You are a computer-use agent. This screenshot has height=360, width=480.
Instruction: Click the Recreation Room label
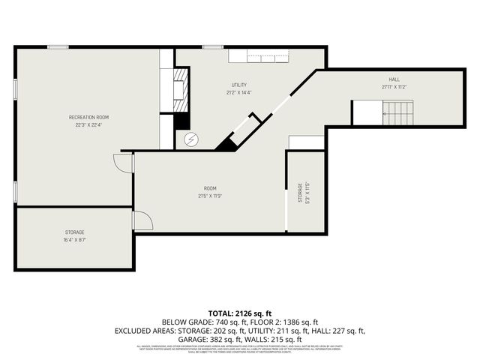tap(89, 118)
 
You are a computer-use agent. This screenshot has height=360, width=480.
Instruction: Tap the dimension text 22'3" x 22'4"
tap(89, 125)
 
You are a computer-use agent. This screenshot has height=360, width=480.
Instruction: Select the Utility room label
tap(239, 85)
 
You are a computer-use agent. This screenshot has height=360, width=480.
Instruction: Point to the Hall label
tap(394, 79)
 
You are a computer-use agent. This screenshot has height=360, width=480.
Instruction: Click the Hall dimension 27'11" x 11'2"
tap(394, 86)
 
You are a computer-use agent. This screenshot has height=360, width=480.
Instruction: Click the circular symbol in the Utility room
tap(191, 139)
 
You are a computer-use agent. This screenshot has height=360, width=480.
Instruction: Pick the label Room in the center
tap(210, 188)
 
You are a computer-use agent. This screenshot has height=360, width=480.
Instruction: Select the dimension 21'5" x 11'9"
tap(210, 196)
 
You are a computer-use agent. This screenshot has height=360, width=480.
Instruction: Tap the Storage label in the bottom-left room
tap(74, 232)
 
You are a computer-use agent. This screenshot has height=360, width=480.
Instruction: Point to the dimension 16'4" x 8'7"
tap(74, 240)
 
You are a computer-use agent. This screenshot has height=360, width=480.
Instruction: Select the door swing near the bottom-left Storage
tap(142, 220)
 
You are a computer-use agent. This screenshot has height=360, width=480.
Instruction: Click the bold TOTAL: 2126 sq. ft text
tap(239, 313)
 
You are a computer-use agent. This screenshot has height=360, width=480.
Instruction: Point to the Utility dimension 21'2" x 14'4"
tap(239, 92)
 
